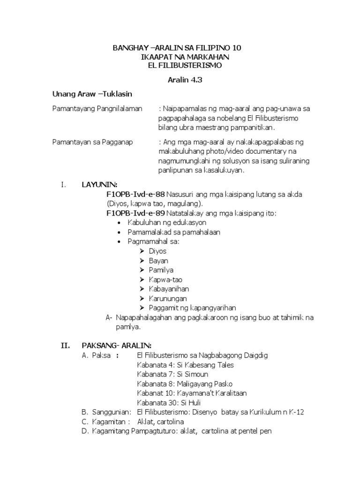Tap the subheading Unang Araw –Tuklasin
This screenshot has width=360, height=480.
click(x=92, y=94)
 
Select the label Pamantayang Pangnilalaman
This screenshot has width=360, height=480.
click(x=97, y=109)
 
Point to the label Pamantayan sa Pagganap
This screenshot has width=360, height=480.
click(x=92, y=142)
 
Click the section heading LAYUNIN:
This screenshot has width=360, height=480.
click(x=99, y=185)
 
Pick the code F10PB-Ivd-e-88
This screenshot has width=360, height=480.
click(x=135, y=194)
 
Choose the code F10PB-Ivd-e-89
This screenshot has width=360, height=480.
click(x=135, y=213)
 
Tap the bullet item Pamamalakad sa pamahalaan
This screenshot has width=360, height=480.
click(x=173, y=232)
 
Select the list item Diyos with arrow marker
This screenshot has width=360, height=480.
click(x=157, y=251)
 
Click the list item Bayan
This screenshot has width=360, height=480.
click(x=158, y=261)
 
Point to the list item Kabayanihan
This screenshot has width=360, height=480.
click(x=169, y=289)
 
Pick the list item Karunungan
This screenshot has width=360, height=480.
click(x=168, y=298)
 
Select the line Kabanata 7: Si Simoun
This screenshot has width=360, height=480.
click(x=172, y=374)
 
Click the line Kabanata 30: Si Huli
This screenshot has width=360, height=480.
click(x=169, y=403)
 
